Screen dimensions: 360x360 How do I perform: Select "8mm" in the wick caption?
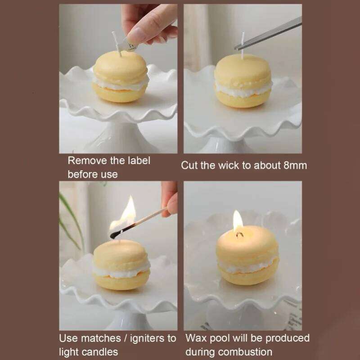[295, 165]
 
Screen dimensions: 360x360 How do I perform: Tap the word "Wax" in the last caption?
[196, 338]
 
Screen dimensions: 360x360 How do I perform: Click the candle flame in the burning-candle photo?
[238, 220]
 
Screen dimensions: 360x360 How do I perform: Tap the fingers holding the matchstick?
[171, 202]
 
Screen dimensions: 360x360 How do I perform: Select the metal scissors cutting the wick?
[270, 31]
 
